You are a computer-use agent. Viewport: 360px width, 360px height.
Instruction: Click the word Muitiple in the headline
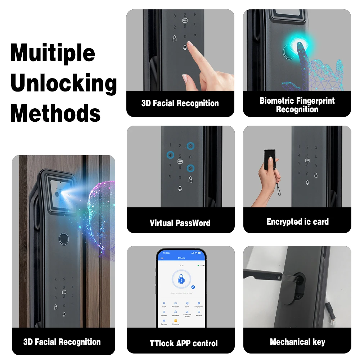pos(53,53)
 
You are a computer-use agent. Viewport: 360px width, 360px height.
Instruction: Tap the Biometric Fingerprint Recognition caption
pos(297,105)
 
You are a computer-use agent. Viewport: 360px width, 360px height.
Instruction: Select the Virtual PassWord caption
pos(180,223)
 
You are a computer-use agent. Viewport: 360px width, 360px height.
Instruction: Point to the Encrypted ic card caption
pos(297,222)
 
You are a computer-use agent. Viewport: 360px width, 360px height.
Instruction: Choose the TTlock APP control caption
pos(184,343)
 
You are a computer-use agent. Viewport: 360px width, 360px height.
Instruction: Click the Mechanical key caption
pos(297,342)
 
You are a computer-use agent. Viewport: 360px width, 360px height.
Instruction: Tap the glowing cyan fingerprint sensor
pos(290,51)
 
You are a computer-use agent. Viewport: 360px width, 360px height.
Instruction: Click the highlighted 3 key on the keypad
pos(190,146)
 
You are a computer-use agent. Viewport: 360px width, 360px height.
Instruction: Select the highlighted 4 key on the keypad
pos(170,155)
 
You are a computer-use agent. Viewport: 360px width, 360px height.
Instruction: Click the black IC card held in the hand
pos(269,159)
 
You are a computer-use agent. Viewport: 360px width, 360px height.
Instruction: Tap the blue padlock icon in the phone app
pos(181,279)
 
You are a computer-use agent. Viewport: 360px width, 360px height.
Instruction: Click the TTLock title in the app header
pos(181,258)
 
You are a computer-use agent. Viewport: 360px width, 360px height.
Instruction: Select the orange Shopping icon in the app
pos(176,320)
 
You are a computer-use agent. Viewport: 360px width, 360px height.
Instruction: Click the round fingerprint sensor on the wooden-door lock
pos(64,239)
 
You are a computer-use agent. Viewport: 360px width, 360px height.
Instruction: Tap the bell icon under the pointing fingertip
pos(185,47)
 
